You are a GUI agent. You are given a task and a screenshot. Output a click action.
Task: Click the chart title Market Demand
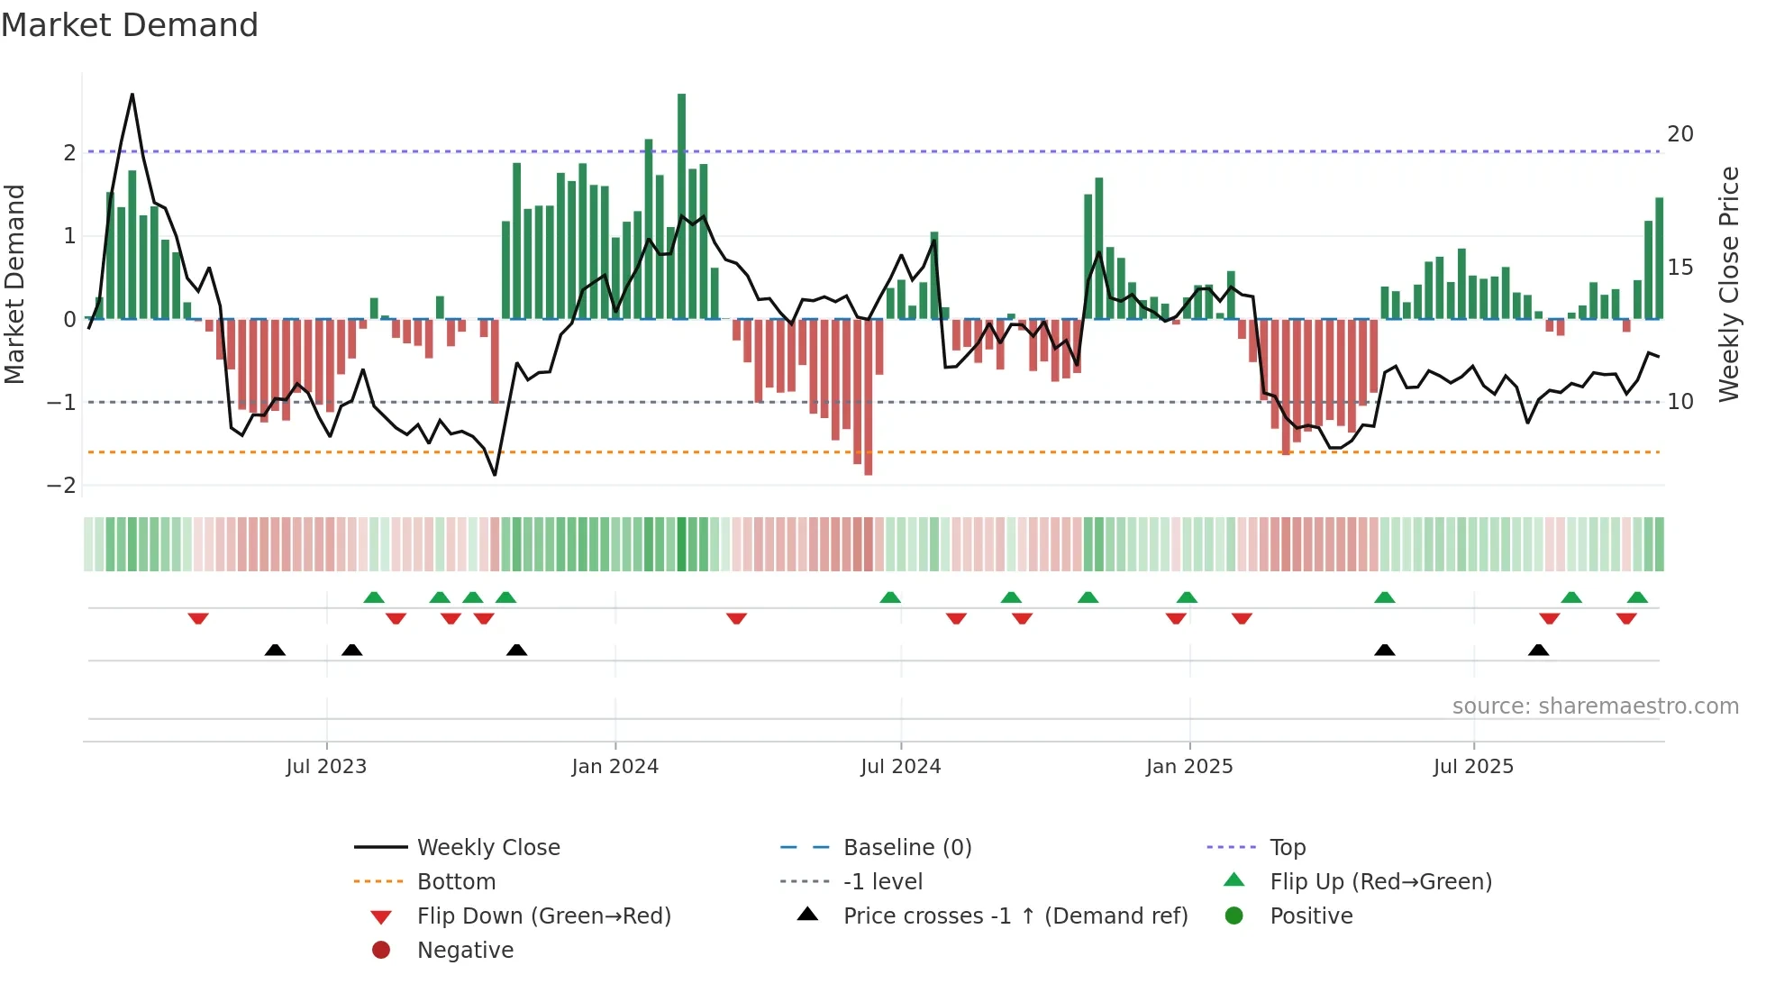[130, 25]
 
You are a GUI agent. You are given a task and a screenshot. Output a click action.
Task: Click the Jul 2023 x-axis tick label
[326, 767]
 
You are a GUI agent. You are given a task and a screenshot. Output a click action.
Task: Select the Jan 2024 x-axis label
[615, 767]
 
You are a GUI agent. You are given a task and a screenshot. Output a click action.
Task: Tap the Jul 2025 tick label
[1473, 767]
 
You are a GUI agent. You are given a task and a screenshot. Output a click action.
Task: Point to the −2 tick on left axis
[61, 486]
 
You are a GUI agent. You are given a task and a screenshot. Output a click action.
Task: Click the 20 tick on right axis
[1680, 134]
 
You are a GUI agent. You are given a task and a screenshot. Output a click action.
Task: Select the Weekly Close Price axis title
[1728, 284]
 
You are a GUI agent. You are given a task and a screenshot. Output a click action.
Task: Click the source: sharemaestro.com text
[1595, 706]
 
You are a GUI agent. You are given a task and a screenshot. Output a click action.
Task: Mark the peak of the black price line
[132, 95]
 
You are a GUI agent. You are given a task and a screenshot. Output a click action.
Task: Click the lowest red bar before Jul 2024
[868, 396]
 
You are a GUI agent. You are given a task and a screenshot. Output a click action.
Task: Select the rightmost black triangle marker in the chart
[1539, 651]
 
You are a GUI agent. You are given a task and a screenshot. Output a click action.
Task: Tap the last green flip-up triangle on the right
[1637, 597]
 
